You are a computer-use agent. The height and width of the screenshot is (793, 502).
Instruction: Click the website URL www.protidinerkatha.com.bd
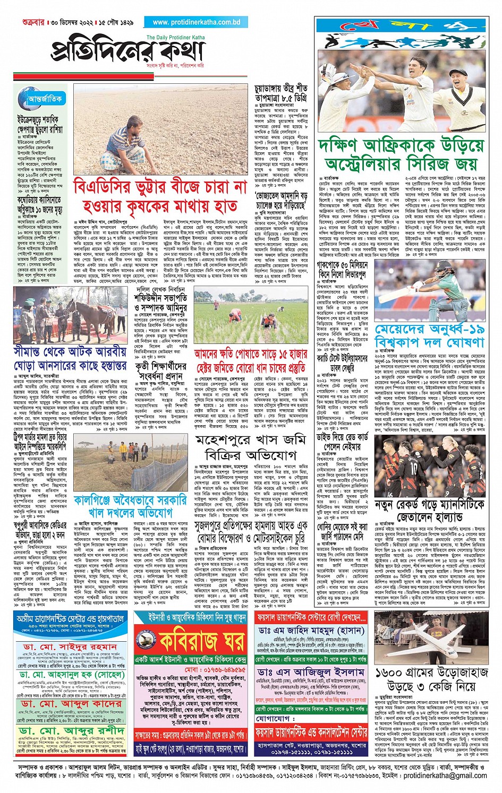tap(196, 22)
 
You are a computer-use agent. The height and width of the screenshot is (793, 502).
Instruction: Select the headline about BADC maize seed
tap(160, 196)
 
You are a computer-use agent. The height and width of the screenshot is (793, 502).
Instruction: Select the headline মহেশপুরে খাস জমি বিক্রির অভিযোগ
tap(251, 447)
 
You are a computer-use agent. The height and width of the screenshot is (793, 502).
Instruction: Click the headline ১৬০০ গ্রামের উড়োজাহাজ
tap(431, 678)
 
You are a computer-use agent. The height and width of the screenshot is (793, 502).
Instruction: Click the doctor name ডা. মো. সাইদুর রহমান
tap(70, 648)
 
